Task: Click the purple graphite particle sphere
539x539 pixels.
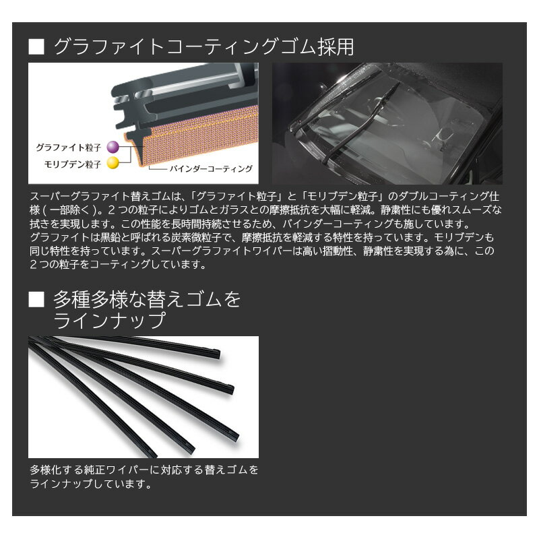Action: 112,146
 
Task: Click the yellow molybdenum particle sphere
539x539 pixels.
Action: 112,162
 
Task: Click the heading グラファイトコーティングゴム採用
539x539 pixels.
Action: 203,48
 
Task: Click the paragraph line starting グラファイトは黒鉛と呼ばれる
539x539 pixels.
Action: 263,237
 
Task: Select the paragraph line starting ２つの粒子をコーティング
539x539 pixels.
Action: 118,265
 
